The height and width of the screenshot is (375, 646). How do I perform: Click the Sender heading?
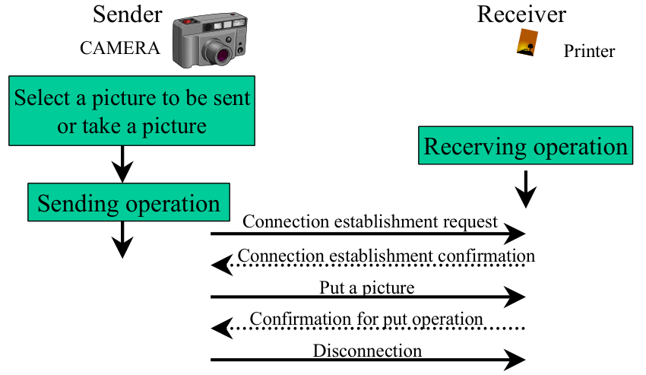tap(128, 14)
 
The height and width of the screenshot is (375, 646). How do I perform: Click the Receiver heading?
tap(521, 14)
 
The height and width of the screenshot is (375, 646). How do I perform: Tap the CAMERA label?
tap(120, 48)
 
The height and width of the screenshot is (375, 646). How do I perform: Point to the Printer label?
tap(589, 51)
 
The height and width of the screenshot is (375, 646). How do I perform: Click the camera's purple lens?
tap(223, 55)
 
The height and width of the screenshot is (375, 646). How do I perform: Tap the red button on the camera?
tap(188, 21)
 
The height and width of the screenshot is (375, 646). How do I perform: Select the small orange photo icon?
tap(527, 42)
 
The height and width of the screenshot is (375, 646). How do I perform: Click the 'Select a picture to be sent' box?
tap(131, 110)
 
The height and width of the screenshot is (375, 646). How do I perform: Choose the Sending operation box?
tap(128, 202)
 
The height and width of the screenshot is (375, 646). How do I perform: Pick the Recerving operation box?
tap(525, 145)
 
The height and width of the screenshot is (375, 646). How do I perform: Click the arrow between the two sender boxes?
tap(122, 164)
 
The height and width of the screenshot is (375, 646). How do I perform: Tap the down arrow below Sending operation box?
tap(122, 240)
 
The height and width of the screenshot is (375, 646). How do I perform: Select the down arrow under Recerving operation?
tap(526, 189)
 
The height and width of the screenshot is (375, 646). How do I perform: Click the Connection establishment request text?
tap(370, 221)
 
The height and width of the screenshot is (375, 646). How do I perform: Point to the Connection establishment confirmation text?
tap(386, 256)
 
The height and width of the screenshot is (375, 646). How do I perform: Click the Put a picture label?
tap(366, 288)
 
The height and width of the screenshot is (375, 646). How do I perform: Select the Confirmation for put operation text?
tap(366, 319)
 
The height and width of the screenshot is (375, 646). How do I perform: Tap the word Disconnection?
tap(367, 351)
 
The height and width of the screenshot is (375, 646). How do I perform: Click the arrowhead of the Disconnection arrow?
tap(515, 360)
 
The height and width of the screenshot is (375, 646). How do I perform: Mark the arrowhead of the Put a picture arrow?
tap(515, 297)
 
